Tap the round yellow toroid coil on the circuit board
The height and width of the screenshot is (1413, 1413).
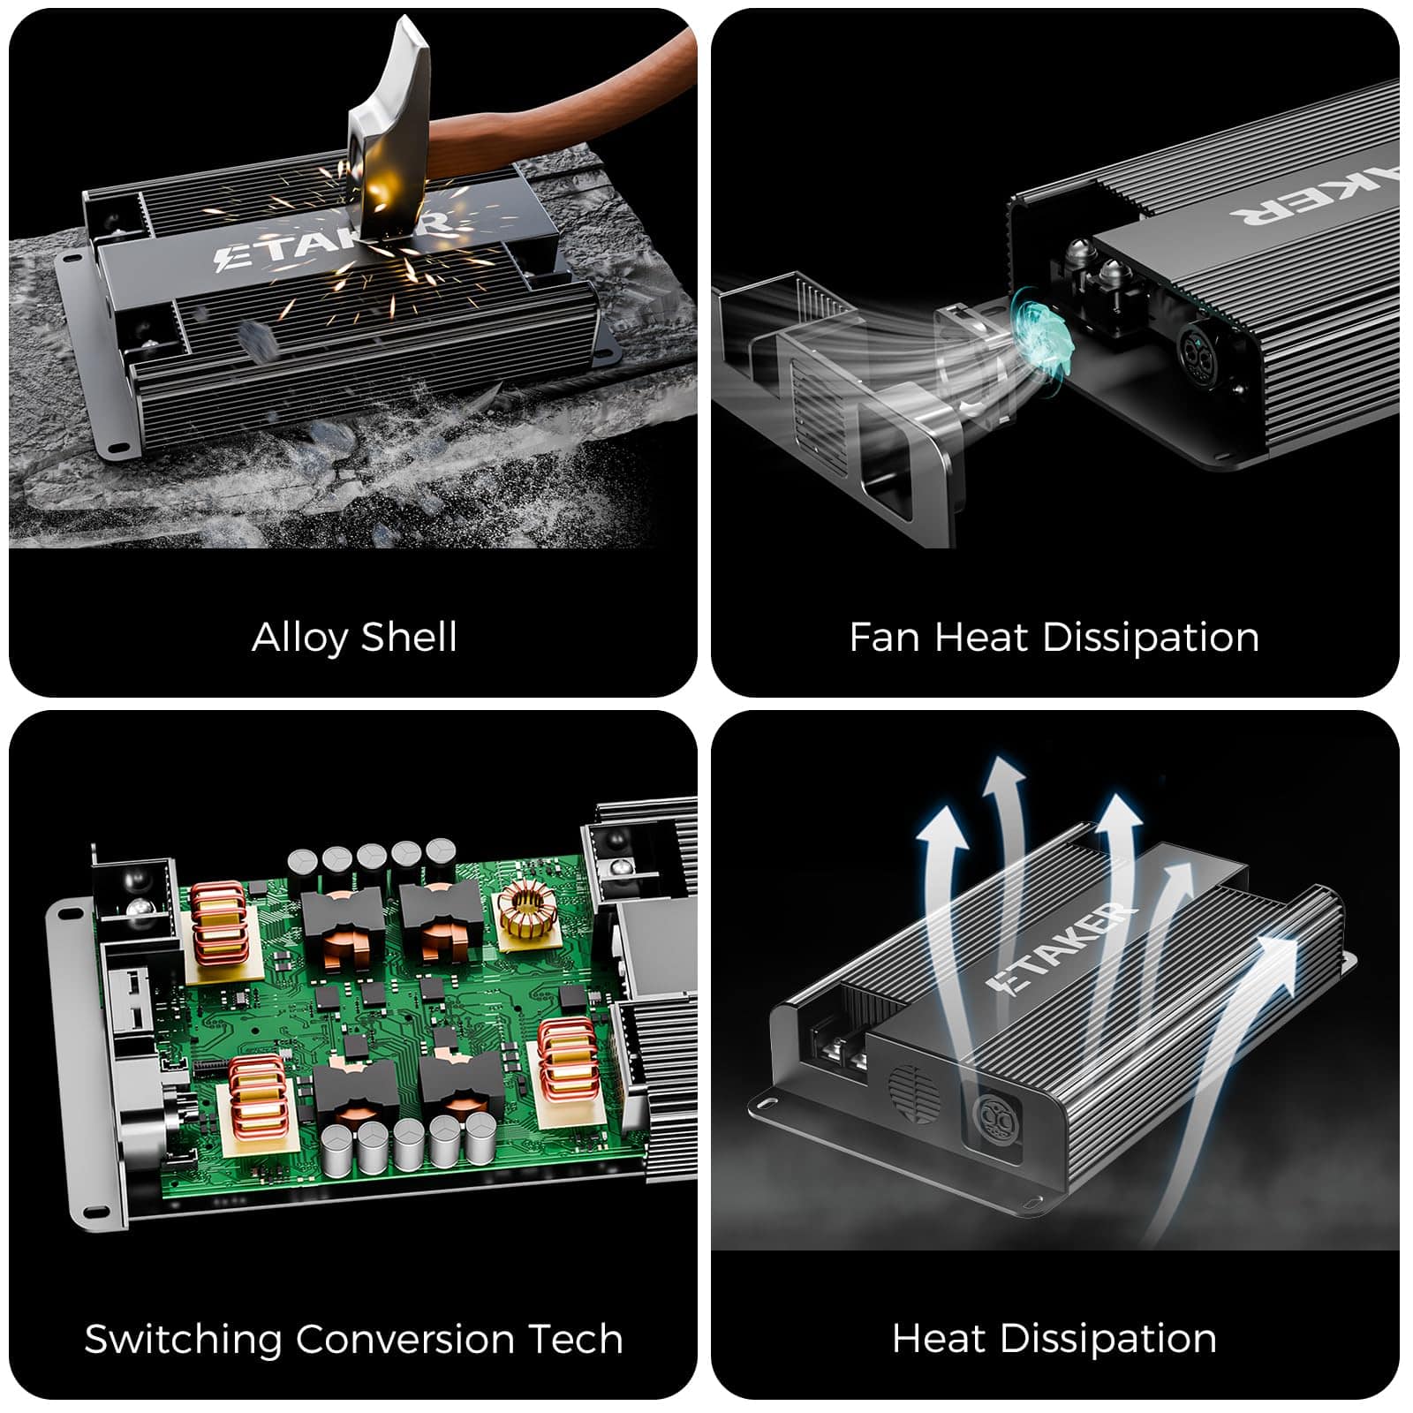click(x=524, y=913)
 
